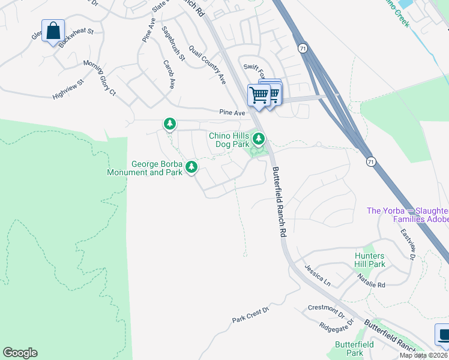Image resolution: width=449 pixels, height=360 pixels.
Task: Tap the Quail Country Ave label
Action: coord(207,64)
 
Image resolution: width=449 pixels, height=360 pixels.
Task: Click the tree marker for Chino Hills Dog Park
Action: coord(259,139)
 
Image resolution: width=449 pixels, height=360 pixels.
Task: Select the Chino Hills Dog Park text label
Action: coord(229,140)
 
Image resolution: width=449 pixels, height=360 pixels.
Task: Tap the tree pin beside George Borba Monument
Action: coord(191,166)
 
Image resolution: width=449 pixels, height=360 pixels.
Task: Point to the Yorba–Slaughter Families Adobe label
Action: coord(408,215)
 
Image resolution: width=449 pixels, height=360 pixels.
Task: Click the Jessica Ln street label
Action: coord(317,274)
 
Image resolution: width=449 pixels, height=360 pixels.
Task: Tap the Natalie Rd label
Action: coord(372,281)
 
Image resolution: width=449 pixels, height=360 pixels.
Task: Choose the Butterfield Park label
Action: coord(355,349)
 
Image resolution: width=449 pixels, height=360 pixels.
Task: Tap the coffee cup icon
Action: coord(443,335)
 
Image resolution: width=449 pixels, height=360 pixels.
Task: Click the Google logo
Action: coord(20,353)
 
